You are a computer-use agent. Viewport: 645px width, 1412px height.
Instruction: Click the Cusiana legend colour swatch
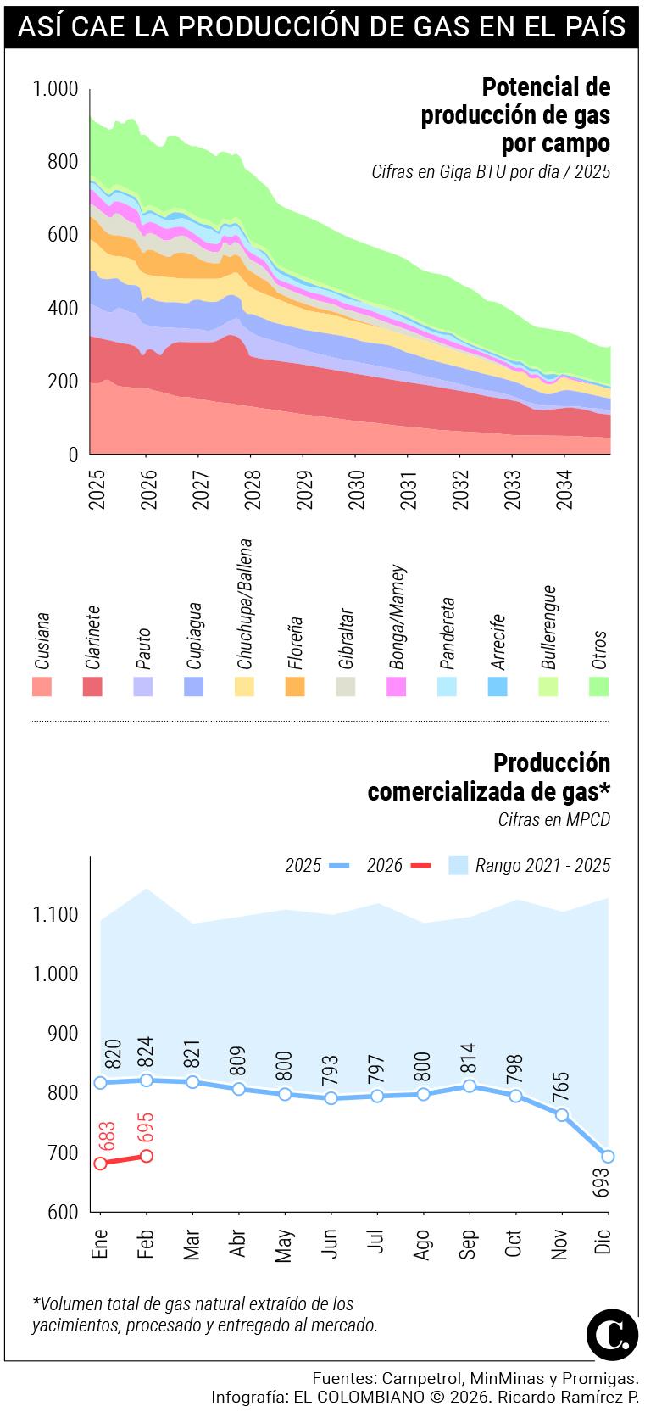pyautogui.click(x=42, y=686)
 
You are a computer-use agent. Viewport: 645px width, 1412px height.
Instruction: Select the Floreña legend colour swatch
pyautogui.click(x=295, y=686)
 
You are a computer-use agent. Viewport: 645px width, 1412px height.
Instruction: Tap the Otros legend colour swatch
pyautogui.click(x=598, y=686)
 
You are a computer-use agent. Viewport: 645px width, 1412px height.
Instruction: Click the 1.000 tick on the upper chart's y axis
pyautogui.click(x=55, y=89)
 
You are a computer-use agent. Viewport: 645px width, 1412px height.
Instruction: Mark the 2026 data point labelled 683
pyautogui.click(x=101, y=1163)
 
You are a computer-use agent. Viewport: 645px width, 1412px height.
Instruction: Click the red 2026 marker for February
pyautogui.click(x=147, y=1155)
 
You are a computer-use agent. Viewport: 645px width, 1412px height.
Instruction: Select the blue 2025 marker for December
pyautogui.click(x=607, y=1156)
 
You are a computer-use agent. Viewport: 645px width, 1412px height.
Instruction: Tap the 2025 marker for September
pyautogui.click(x=469, y=1086)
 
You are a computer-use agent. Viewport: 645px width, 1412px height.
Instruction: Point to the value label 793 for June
pyautogui.click(x=331, y=1072)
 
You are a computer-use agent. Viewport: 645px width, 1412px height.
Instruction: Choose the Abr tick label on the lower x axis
pyautogui.click(x=238, y=1244)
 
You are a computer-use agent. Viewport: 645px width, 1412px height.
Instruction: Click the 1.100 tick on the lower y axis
pyautogui.click(x=55, y=915)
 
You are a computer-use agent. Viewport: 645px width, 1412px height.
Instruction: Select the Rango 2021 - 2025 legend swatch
pyautogui.click(x=458, y=865)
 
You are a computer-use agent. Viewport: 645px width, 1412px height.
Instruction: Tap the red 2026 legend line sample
pyautogui.click(x=420, y=865)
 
